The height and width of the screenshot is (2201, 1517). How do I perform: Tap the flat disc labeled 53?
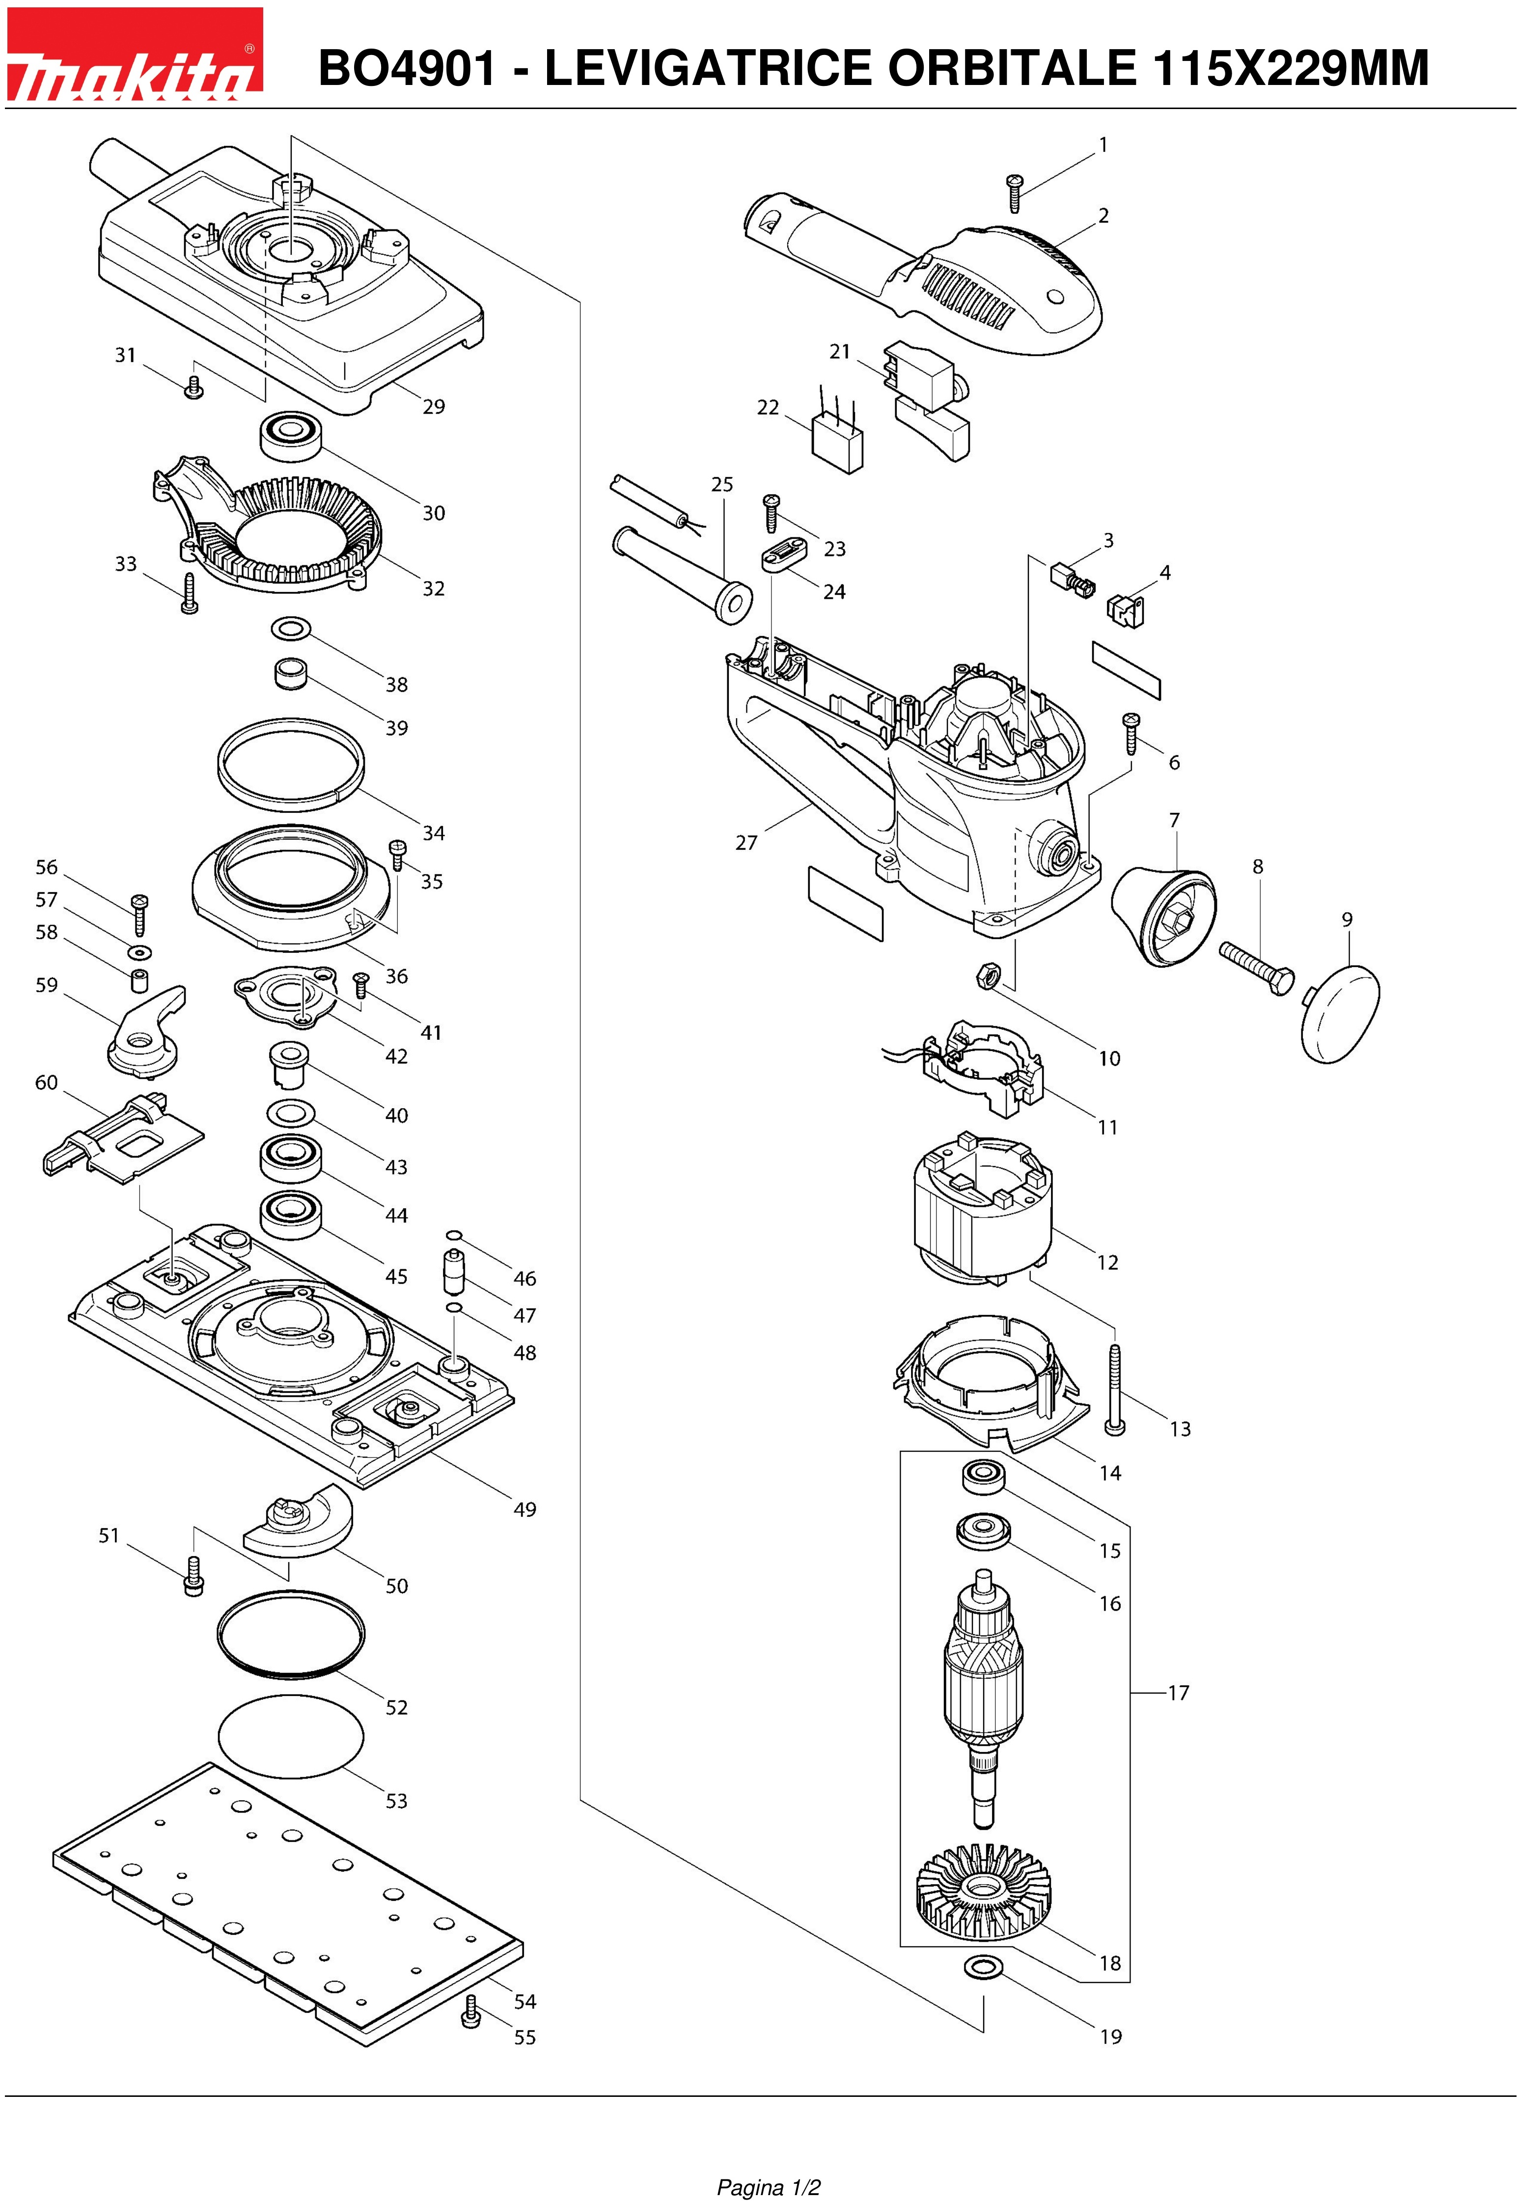[x=291, y=1736]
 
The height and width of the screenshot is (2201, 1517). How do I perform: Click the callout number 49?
[x=524, y=1509]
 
